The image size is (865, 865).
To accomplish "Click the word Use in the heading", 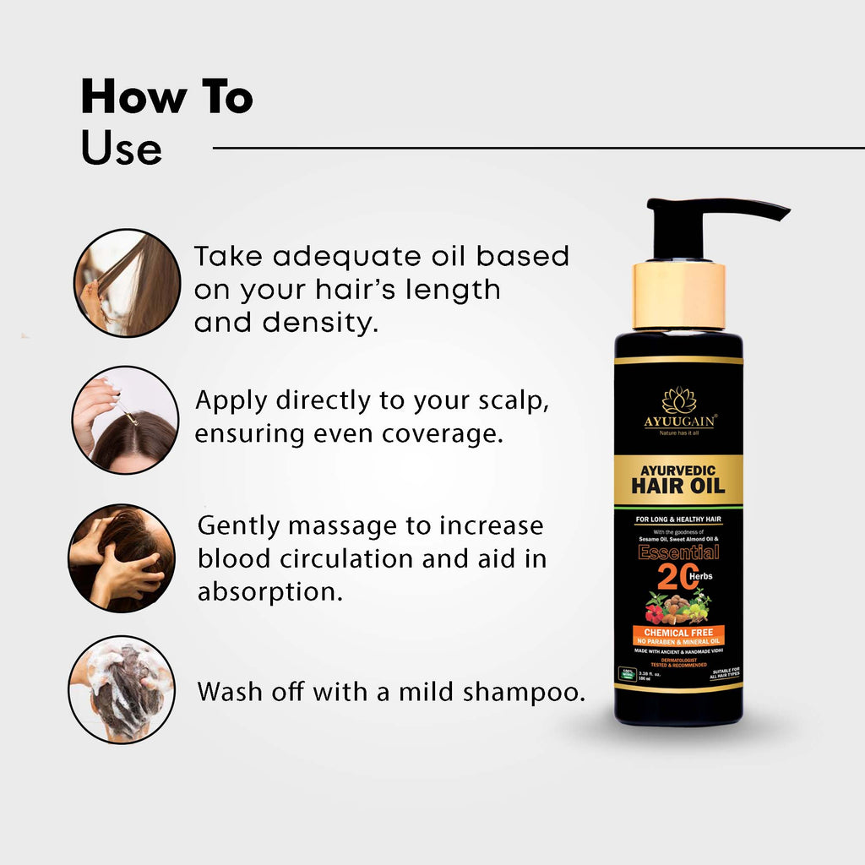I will [121, 149].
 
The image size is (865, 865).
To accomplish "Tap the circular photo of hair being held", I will [127, 283].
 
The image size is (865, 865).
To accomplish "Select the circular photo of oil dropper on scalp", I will [125, 419].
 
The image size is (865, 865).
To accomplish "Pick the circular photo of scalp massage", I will [122, 558].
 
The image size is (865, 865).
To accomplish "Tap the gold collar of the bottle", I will [678, 296].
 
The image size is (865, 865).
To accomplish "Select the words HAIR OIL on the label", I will [678, 485].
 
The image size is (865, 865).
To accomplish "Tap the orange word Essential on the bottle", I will [678, 552].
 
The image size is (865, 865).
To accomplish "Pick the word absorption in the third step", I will [269, 591].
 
